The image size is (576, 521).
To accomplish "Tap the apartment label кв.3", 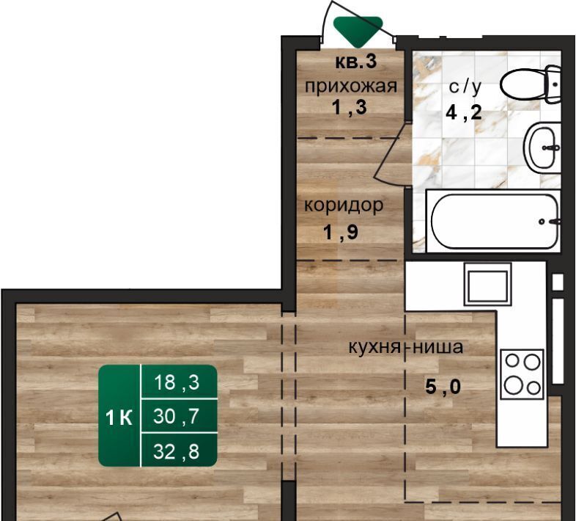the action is coord(356,62).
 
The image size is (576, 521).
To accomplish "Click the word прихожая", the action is coord(351,87).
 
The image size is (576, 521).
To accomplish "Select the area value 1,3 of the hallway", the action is coord(350,107).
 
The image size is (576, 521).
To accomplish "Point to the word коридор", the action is coord(344,205).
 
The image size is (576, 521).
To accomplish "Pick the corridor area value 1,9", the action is coord(341,232).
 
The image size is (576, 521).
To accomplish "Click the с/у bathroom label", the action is coord(465,87).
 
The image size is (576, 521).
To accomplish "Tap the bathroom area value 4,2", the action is coord(464,112).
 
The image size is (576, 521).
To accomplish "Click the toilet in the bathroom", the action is coord(531,84).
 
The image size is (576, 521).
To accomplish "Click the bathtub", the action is coord(495,222).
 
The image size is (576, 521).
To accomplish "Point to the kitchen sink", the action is coord(487,284).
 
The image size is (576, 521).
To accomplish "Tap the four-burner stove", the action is coord(522,374).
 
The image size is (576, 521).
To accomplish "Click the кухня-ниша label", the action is coord(406,346).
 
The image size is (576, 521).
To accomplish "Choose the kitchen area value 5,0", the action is coord(443,387).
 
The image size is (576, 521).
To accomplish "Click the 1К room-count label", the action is coord(119,418).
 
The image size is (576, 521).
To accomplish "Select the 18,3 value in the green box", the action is coord(177,382).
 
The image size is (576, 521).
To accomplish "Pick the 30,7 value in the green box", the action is coord(177,417).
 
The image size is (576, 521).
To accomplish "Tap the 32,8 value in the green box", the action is coord(177,451).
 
